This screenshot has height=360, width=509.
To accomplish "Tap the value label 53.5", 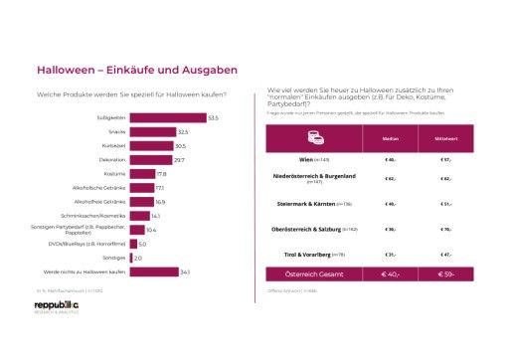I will click(x=214, y=118).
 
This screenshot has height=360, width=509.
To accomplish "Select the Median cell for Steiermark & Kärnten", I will click(x=391, y=204).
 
